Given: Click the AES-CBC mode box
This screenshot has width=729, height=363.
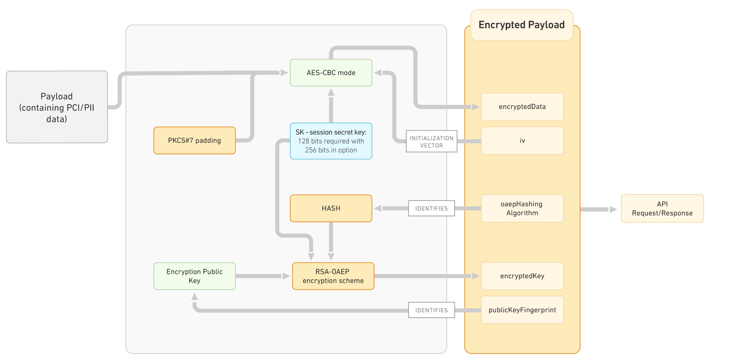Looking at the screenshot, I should point(331,73).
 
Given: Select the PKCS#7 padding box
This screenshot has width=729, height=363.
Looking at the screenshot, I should point(194,140).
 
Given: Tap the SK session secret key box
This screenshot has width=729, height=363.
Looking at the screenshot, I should point(331,141).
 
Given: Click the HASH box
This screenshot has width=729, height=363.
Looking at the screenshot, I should point(331,208).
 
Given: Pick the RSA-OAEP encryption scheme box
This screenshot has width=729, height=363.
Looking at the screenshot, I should point(333,276).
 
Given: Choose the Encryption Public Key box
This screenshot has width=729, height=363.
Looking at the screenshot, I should point(194,276).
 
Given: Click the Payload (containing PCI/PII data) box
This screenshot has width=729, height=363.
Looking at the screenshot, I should point(57,107).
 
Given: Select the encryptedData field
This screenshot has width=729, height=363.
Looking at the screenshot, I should point(522,107).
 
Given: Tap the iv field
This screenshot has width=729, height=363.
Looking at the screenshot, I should point(522,140).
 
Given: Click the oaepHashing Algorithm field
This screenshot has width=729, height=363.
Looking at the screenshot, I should point(522,208).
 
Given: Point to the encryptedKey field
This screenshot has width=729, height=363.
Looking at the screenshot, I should point(522,276).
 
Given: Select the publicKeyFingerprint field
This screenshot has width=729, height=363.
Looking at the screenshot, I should point(522,310).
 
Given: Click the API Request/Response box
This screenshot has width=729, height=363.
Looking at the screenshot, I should point(662,208).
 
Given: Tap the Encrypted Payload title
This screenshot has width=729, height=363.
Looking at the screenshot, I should point(521,25).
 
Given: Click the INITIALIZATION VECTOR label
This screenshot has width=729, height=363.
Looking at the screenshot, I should point(431,142).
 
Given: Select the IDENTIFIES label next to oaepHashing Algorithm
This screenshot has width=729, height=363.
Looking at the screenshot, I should point(431,208).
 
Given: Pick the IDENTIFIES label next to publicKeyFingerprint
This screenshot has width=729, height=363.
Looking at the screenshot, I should point(431,310).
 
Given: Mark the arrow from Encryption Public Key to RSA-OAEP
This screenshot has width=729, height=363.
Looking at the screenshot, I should point(260,276).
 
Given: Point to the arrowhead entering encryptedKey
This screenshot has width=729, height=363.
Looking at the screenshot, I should point(475,276).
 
